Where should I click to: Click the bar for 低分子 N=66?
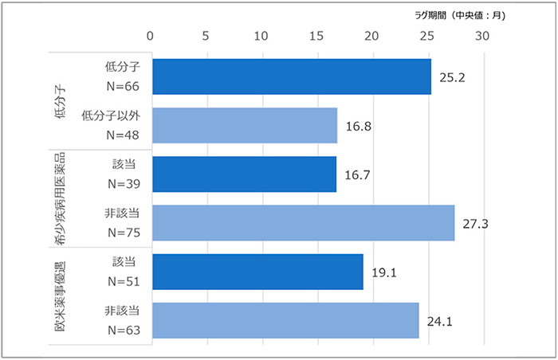click(x=291, y=76)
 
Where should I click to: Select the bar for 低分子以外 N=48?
click(x=244, y=125)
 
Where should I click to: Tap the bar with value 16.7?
click(x=244, y=174)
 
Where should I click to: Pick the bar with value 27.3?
click(x=303, y=223)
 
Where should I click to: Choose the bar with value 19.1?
click(x=257, y=272)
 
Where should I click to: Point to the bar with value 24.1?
click(x=285, y=320)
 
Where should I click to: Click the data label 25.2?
click(x=451, y=77)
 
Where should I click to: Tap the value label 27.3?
click(x=475, y=224)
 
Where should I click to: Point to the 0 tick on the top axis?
click(x=151, y=36)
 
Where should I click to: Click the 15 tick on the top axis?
click(x=316, y=36)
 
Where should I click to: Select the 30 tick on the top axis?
click(x=481, y=36)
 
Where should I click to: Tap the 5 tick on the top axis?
click(x=206, y=36)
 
